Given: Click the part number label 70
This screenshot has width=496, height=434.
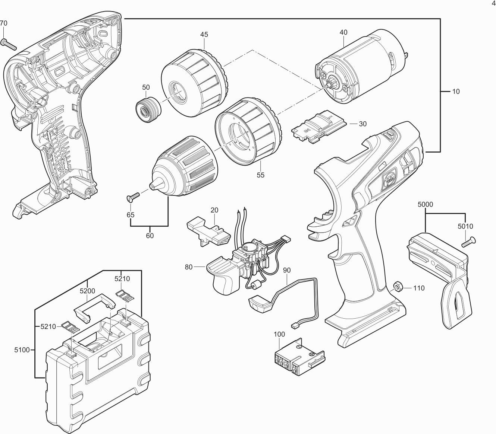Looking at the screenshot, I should click(3, 23).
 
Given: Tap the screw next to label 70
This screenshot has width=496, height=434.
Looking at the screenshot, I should click(10, 44).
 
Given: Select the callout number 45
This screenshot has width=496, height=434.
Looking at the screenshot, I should click(204, 35).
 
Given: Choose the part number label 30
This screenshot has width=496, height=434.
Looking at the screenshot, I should click(362, 124).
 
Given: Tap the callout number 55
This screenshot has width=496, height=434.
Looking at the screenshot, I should click(260, 175).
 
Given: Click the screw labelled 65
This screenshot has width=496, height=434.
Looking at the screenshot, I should click(133, 195).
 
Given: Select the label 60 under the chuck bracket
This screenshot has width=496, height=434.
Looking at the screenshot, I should click(150, 236).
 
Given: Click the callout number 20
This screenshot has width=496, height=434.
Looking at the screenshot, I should click(214, 210).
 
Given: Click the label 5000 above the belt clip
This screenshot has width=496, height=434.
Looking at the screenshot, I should click(426, 204).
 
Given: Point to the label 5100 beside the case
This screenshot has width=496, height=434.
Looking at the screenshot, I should click(22, 350).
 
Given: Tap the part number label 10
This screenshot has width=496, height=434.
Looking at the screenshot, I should click(456, 91).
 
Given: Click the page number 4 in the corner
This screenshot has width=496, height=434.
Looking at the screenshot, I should click(494, 3).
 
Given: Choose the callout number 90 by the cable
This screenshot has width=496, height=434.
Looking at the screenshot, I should click(286, 270).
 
